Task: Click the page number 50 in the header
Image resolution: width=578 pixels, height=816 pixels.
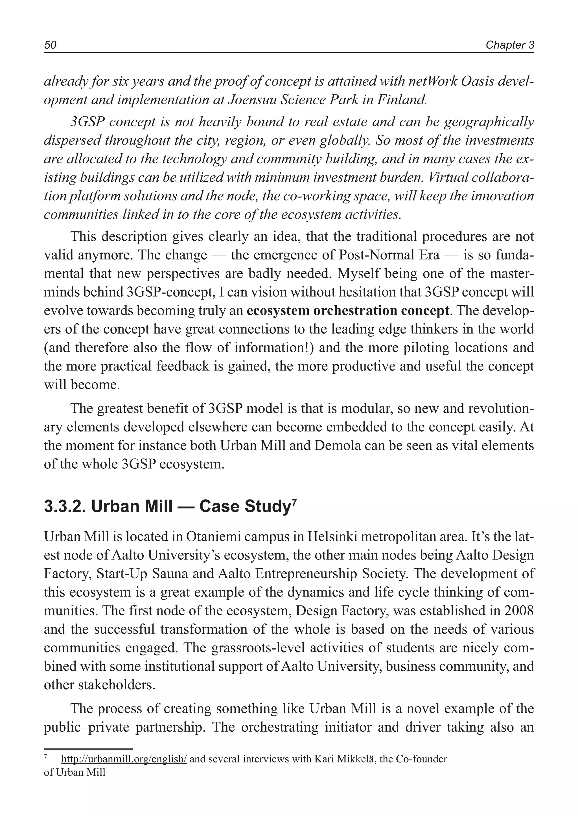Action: pos(50,45)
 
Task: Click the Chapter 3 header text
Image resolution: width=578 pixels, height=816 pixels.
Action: pos(510,45)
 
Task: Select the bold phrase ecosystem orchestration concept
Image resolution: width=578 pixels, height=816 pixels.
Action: pos(348,311)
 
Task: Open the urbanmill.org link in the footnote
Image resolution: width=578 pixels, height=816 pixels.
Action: pos(124,759)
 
